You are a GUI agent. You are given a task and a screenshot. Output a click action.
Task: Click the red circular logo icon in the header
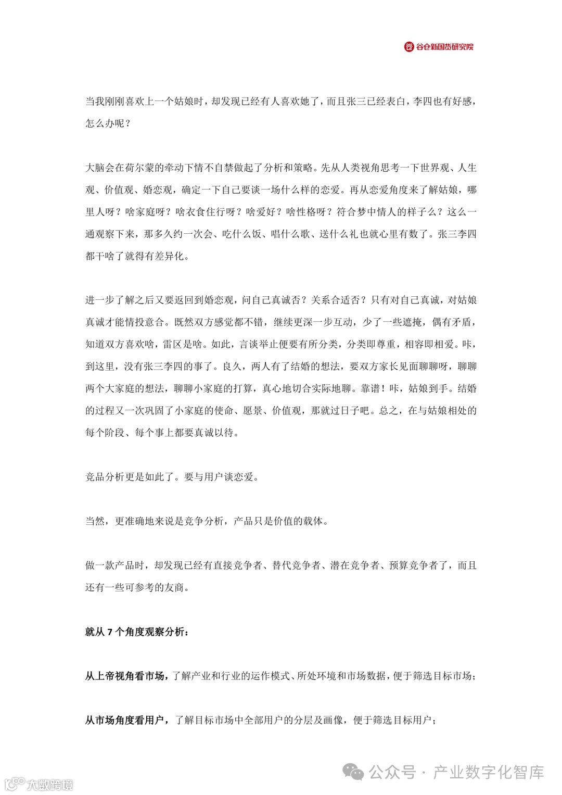coord(409,47)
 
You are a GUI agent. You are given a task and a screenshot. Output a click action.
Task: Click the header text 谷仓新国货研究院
coord(444,47)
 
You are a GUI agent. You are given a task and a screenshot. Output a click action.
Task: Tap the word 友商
coord(174,587)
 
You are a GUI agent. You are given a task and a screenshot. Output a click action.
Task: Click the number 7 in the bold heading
coord(110,632)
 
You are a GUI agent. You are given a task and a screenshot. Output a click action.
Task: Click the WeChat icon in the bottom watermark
coord(354,772)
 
